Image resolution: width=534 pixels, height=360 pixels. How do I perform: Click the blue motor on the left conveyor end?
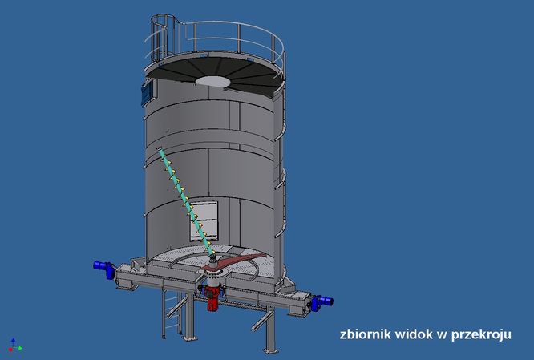[x=104, y=269]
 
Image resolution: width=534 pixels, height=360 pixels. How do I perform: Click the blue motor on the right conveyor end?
[x=321, y=302]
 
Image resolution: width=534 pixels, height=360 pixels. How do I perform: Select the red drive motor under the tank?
[x=212, y=298]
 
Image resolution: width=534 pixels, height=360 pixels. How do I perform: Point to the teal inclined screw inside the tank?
[x=186, y=201]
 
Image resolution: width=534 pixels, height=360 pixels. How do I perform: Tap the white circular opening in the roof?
[x=212, y=81]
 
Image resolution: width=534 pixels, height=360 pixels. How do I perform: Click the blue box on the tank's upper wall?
[x=147, y=93]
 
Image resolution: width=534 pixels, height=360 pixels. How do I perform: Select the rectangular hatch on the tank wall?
[x=204, y=220]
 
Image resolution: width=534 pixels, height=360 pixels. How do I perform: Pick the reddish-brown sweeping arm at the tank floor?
[x=235, y=261]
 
